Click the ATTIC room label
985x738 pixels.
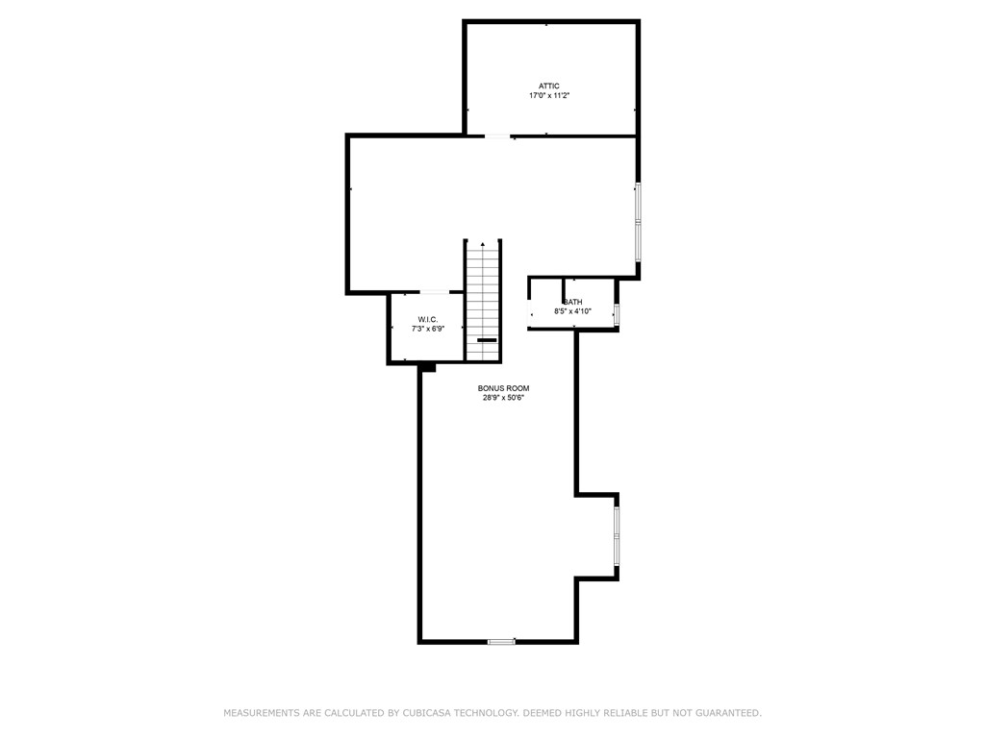[x=548, y=86]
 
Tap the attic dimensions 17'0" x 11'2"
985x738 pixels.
[x=549, y=96]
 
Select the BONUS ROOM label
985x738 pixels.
[x=503, y=388]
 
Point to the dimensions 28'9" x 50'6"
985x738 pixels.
[x=503, y=398]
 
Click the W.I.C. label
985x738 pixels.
[x=428, y=319]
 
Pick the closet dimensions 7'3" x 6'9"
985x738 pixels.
[x=428, y=329]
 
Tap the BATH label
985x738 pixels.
[x=573, y=302]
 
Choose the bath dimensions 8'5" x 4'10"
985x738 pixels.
[x=573, y=311]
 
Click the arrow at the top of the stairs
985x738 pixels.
[x=483, y=244]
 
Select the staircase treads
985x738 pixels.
[x=483, y=301]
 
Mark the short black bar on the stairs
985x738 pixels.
[x=487, y=340]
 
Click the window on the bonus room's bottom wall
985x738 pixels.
[x=501, y=641]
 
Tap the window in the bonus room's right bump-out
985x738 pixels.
[x=617, y=535]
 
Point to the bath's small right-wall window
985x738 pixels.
[x=617, y=314]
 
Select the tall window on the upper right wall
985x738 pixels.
[x=638, y=222]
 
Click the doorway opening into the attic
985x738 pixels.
[x=497, y=136]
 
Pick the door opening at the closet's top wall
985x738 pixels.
[x=434, y=292]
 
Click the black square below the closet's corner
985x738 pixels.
[x=428, y=368]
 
